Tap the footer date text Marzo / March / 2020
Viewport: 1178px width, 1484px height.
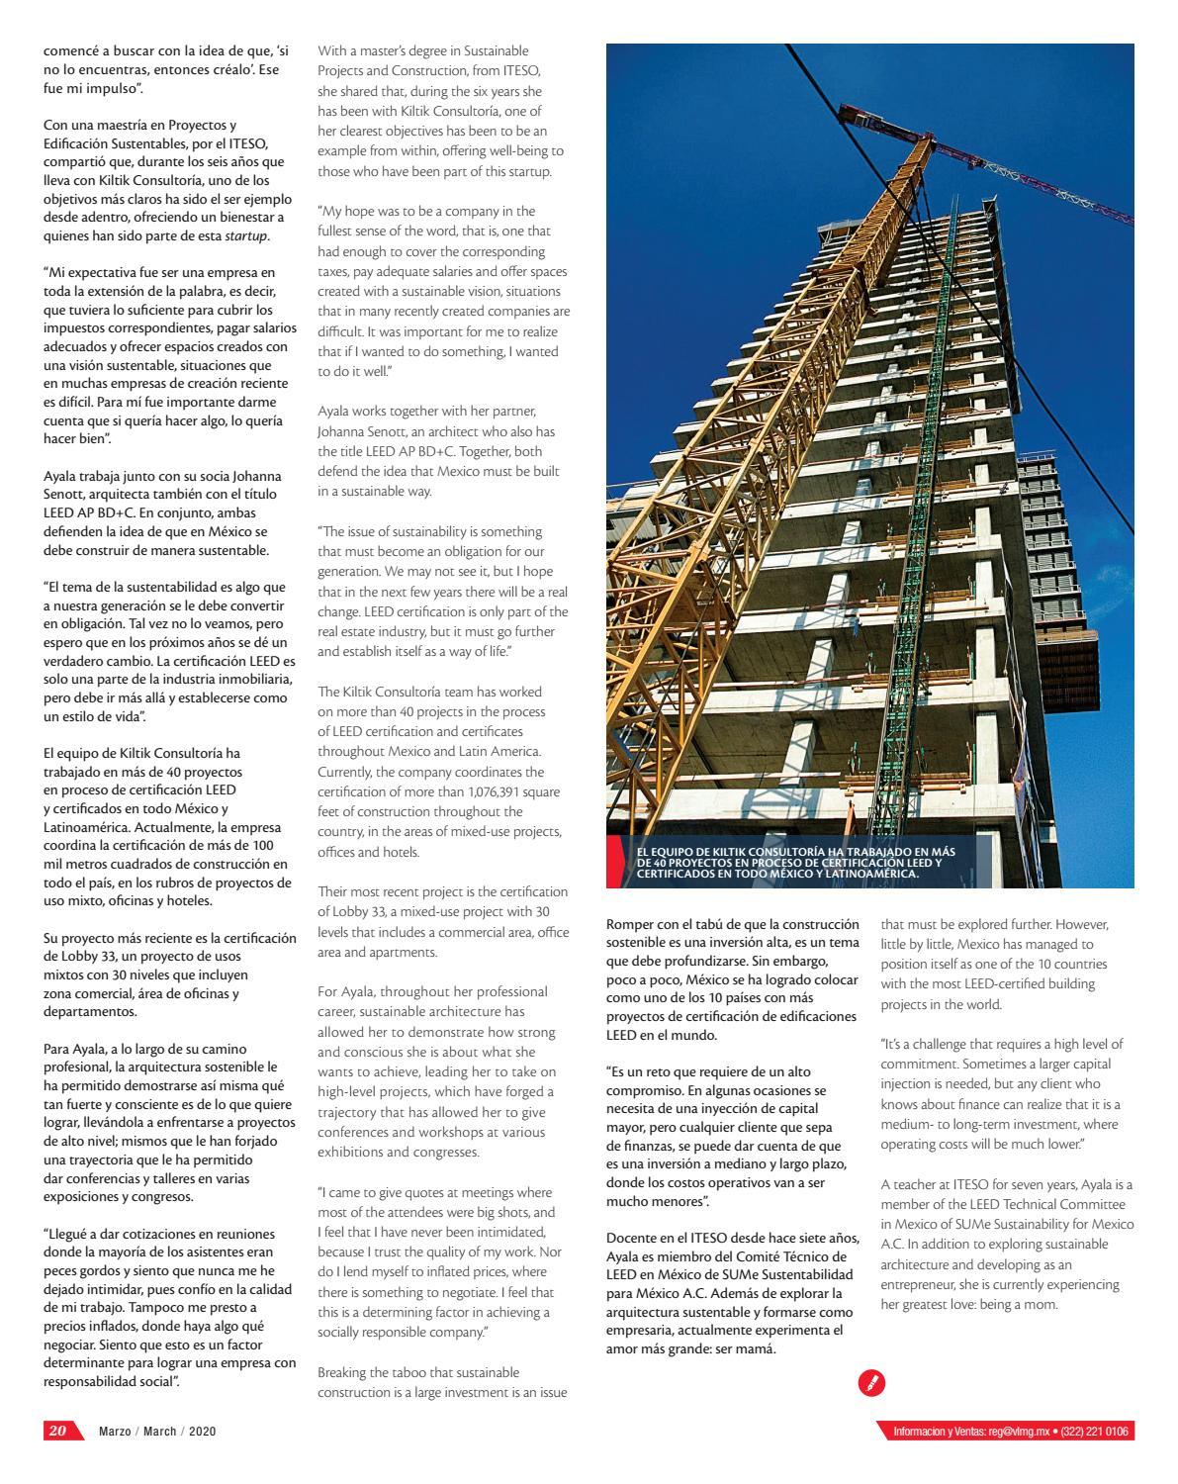point(157,1432)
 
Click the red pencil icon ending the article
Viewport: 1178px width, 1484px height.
point(871,1382)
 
